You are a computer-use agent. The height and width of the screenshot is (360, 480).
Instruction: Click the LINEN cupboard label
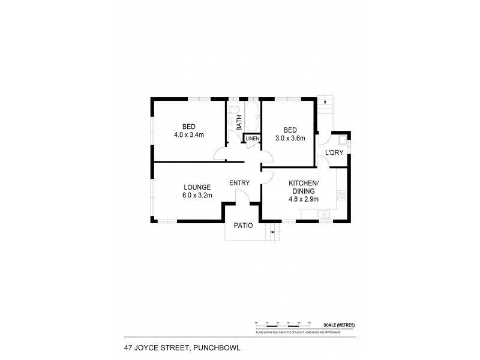click(253, 139)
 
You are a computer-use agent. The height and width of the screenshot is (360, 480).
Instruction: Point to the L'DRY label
click(334, 153)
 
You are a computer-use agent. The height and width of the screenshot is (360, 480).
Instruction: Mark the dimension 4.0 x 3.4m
click(189, 135)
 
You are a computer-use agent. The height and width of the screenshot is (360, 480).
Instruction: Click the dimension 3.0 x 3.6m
click(290, 139)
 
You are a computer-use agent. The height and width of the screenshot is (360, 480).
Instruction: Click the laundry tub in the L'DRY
click(343, 142)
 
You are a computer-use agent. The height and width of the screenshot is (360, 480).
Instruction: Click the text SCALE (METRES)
click(338, 325)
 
